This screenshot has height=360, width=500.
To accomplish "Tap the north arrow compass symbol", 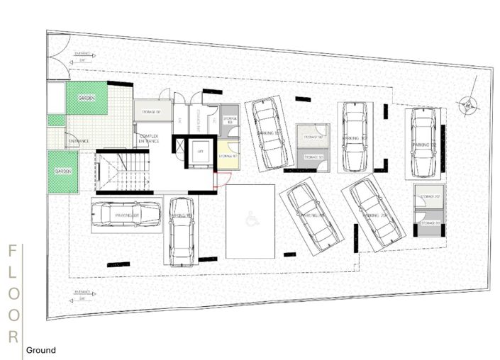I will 467,105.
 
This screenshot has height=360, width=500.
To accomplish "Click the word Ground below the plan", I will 41,350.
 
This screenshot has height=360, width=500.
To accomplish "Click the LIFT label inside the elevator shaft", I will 200,151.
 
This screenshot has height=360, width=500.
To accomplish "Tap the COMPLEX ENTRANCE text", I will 150,138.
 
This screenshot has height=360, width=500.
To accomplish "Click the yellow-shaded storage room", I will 228,155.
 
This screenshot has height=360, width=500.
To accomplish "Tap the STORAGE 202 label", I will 428,196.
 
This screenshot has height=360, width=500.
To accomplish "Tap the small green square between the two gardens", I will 56,120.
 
